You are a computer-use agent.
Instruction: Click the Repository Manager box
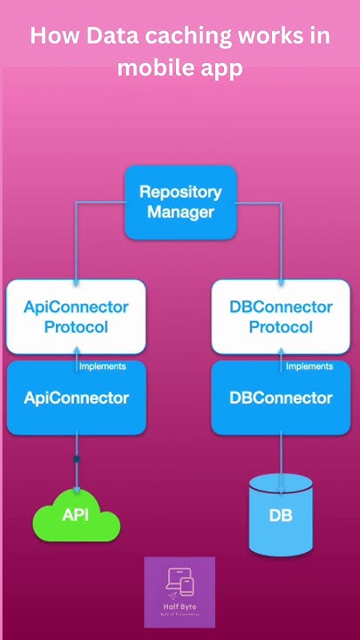(180, 202)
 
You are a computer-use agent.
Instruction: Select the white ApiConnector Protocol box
(76, 316)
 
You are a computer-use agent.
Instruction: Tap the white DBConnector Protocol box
(281, 316)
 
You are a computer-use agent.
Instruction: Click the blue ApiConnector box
(76, 398)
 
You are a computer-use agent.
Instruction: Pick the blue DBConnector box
(281, 398)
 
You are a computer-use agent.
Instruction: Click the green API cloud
(76, 516)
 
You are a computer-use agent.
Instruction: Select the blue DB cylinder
(281, 516)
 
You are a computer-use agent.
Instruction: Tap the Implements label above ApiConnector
(102, 365)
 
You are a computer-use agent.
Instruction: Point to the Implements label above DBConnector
(309, 365)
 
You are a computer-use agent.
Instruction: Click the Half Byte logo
(180, 592)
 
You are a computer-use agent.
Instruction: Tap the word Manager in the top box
(180, 212)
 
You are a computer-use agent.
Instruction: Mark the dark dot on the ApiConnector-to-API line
(76, 459)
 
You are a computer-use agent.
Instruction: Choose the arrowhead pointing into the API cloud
(76, 489)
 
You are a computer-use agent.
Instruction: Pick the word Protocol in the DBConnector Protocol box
(281, 327)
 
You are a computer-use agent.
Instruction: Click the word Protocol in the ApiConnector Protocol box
(76, 327)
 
